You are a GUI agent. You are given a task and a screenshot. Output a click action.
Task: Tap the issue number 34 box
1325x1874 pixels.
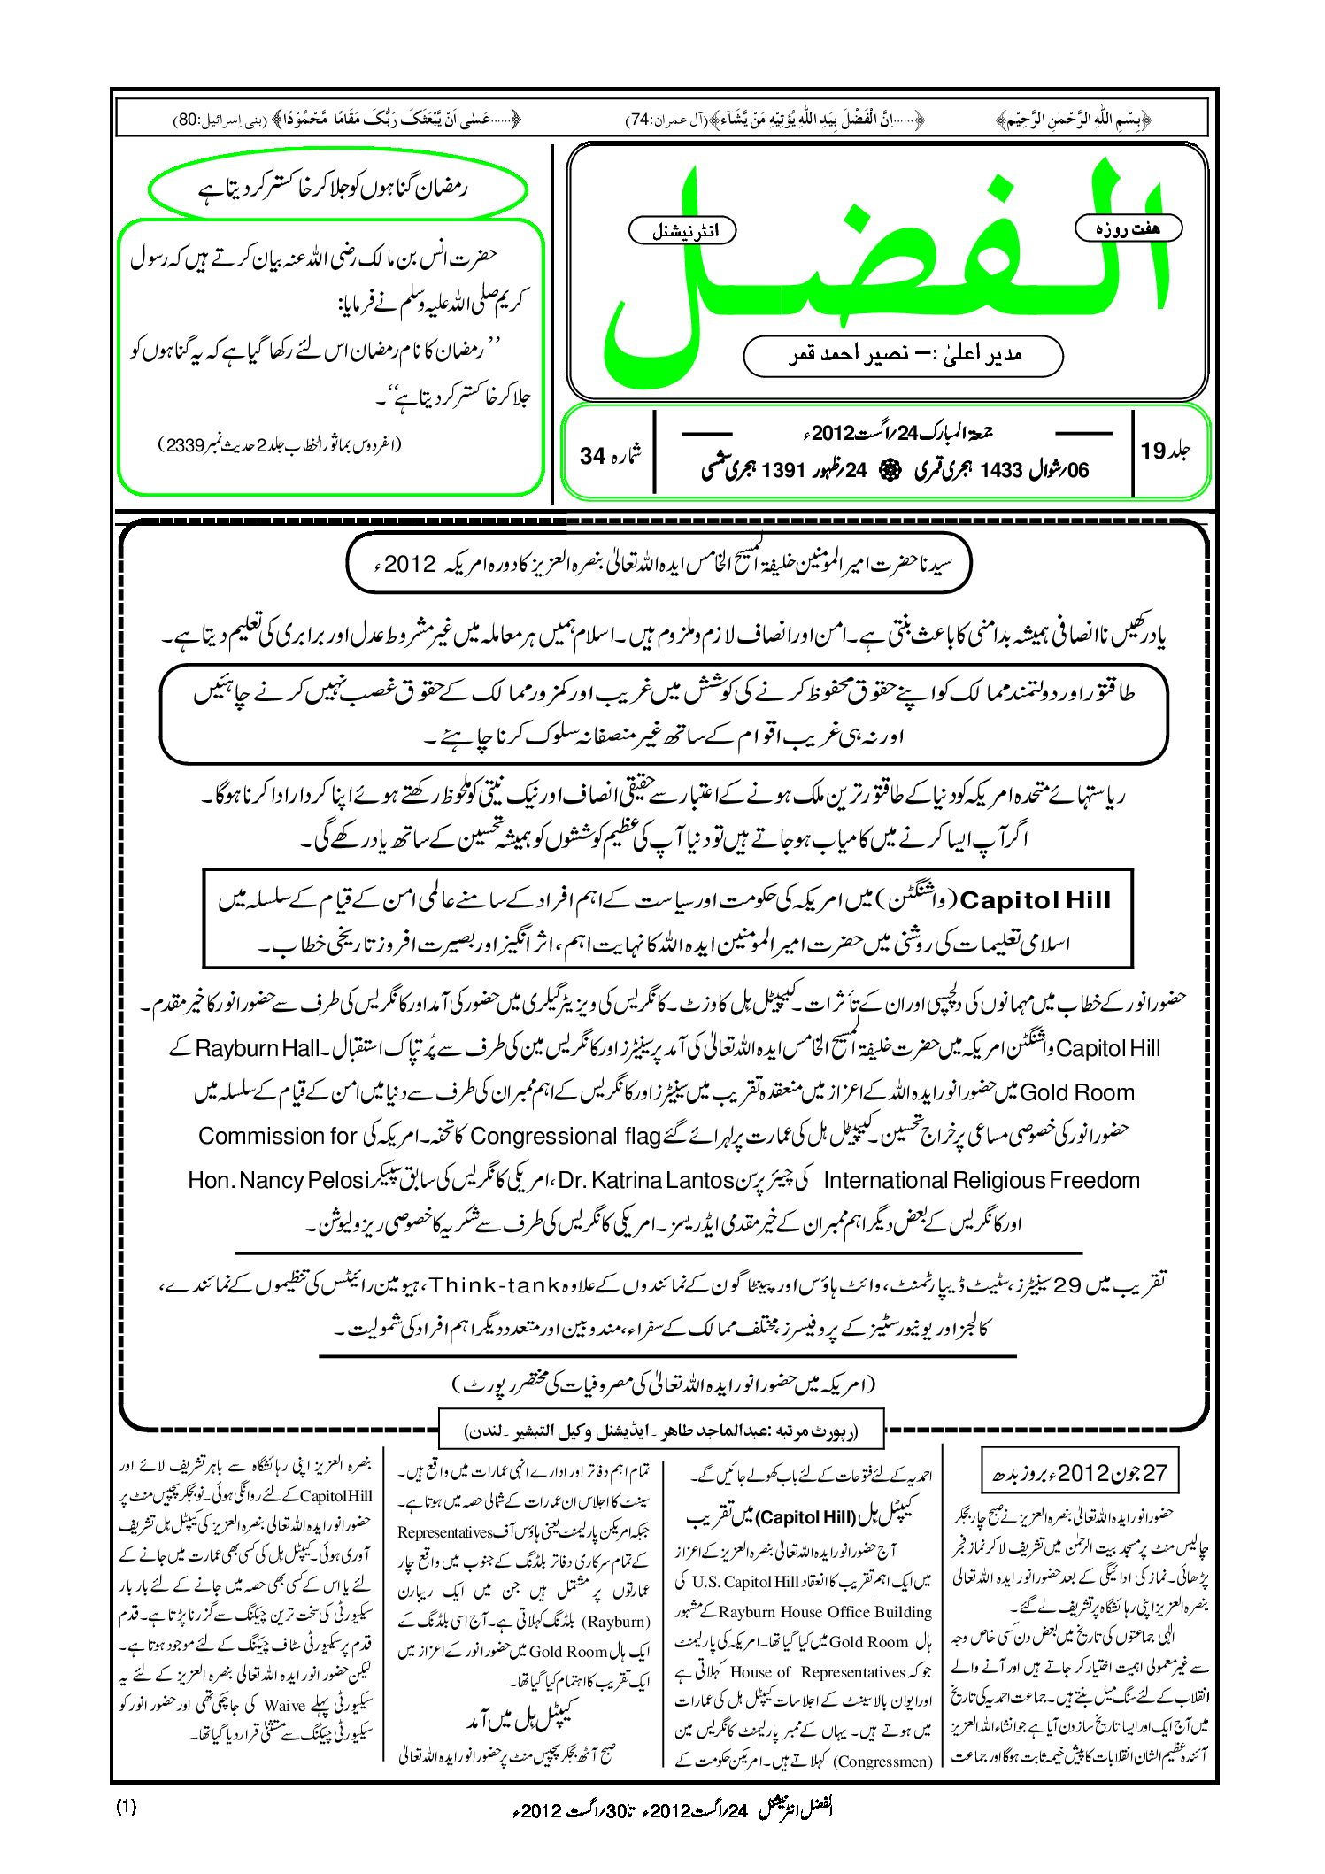pos(611,455)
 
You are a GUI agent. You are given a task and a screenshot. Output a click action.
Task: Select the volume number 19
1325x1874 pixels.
pos(1165,451)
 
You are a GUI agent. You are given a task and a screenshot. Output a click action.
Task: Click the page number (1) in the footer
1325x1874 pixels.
pos(126,1807)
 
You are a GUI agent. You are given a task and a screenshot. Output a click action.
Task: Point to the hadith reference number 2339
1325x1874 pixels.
pos(187,445)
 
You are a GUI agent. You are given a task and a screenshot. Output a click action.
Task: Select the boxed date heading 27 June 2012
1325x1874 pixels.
pos(1080,1473)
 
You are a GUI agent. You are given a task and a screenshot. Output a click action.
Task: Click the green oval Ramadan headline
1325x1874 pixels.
pos(338,188)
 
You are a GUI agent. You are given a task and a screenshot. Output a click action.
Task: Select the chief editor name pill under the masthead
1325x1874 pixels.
pos(903,355)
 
